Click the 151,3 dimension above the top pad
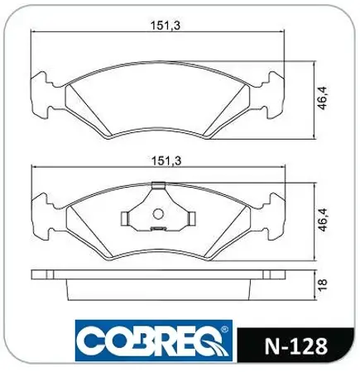[166, 26]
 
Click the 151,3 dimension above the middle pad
[166, 161]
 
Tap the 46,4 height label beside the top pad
[322, 98]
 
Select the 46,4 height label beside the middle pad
[323, 219]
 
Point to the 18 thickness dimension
[322, 284]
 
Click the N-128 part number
[296, 346]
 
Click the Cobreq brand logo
[154, 341]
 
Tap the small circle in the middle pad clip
[158, 214]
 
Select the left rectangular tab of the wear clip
[125, 219]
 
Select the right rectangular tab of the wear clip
[192, 219]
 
